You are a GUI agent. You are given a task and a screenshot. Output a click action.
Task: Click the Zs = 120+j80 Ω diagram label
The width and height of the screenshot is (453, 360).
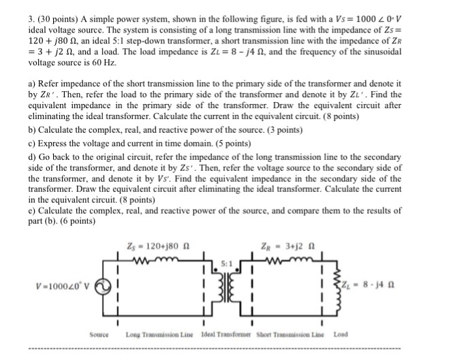(152, 246)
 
